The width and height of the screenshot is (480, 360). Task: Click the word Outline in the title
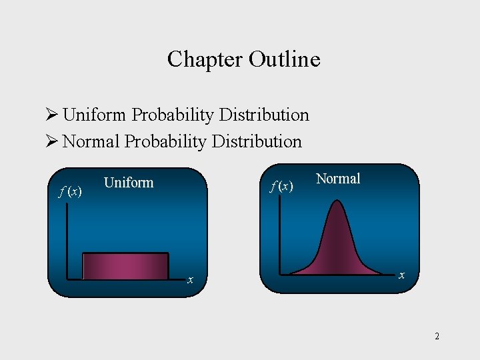click(285, 59)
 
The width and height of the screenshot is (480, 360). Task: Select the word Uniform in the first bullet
click(95, 115)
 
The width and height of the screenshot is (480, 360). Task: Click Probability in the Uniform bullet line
click(171, 115)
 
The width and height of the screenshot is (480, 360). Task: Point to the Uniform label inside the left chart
click(129, 183)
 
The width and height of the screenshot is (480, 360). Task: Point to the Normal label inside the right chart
click(338, 179)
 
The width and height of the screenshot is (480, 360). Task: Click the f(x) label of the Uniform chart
click(70, 192)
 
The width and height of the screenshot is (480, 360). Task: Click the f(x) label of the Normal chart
click(281, 187)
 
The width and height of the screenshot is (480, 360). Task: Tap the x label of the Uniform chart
click(190, 281)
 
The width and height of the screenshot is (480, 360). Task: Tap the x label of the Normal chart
click(401, 275)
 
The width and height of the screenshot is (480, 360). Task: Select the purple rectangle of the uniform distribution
click(125, 266)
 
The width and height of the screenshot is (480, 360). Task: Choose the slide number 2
click(437, 336)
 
